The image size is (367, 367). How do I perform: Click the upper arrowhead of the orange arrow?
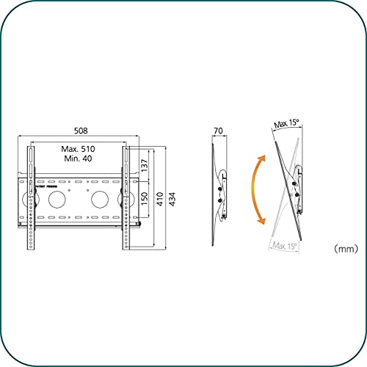261,158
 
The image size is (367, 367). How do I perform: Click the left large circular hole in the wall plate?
57,198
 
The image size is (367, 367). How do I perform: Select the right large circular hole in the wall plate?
98,198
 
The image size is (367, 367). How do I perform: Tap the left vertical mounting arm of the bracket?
30,198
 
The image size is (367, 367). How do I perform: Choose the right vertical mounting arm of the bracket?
126,198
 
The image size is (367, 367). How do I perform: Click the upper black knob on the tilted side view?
297,172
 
